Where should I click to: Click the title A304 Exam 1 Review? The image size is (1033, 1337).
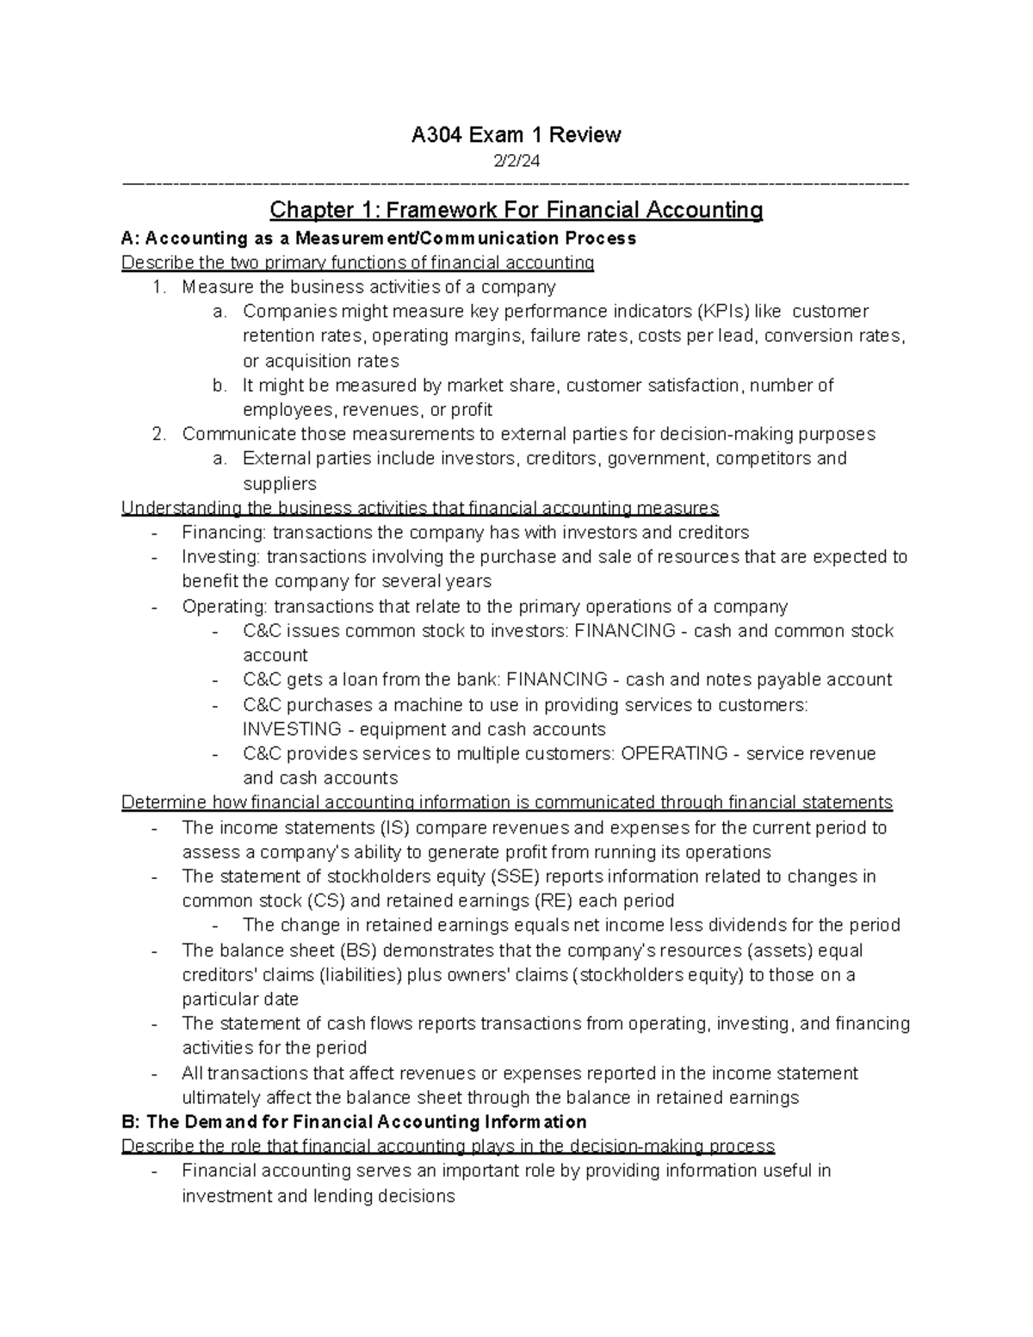(516, 134)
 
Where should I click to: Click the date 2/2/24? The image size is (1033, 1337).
(516, 161)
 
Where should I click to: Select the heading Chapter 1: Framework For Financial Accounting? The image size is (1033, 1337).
(516, 210)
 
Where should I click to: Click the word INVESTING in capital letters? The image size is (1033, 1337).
(292, 729)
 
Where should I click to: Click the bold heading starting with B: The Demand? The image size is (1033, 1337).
(354, 1122)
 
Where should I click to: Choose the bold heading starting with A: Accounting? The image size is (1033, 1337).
(379, 238)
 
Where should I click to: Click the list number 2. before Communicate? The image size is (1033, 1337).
(158, 434)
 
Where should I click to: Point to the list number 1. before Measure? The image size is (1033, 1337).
(158, 287)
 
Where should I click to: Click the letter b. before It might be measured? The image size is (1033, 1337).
(220, 385)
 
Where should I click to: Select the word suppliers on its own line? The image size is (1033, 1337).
(280, 483)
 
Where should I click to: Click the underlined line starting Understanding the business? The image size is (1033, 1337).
(420, 508)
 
